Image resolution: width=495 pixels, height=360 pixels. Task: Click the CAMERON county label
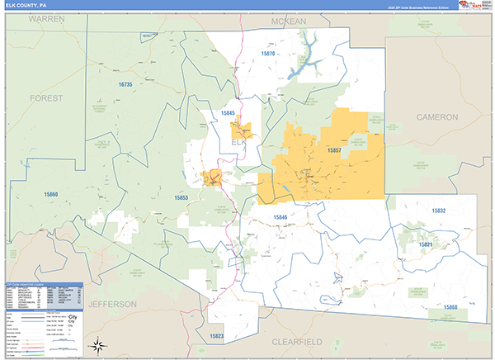pyautogui.click(x=436, y=117)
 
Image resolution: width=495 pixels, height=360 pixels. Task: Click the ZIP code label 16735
pyautogui.click(x=125, y=84)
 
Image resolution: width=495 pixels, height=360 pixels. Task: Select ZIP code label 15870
pyautogui.click(x=271, y=54)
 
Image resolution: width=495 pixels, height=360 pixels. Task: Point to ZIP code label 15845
pyautogui.click(x=229, y=112)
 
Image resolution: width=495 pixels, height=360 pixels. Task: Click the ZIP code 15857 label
pyautogui.click(x=338, y=151)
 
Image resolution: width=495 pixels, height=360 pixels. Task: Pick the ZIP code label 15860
pyautogui.click(x=51, y=195)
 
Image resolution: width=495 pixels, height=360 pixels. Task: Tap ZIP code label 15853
pyautogui.click(x=181, y=198)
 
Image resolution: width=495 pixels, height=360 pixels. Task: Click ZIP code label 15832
pyautogui.click(x=438, y=211)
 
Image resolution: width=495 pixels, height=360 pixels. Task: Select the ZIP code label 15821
pyautogui.click(x=426, y=244)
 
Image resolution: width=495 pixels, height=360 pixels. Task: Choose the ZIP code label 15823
pyautogui.click(x=216, y=336)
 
